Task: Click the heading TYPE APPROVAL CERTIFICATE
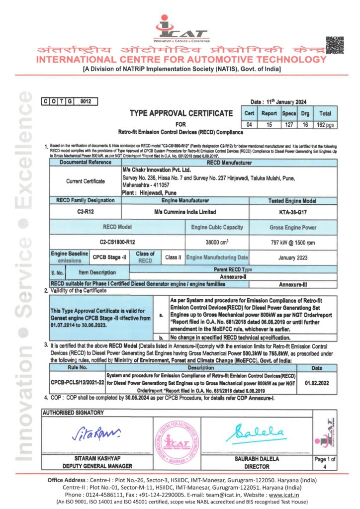[181, 113]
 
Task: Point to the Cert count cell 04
[250, 124]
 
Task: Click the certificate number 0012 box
[86, 101]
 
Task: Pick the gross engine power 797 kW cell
[293, 242]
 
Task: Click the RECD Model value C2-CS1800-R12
[117, 242]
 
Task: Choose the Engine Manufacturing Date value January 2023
[293, 257]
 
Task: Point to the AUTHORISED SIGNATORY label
[73, 413]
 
